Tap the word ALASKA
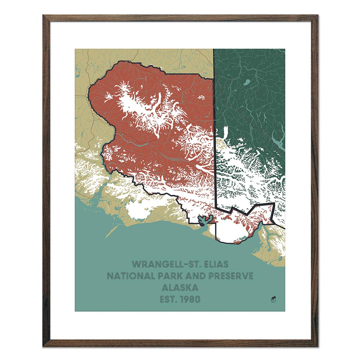pyautogui.click(x=180, y=288)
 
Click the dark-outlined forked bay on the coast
pyautogui.click(x=205, y=221)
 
